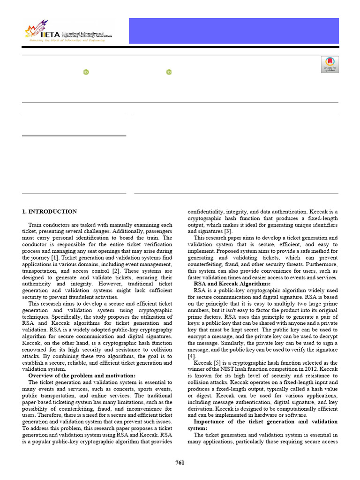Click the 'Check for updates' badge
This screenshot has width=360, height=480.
click(330, 65)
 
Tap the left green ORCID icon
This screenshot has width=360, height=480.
click(86, 72)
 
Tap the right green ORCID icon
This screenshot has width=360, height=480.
click(169, 72)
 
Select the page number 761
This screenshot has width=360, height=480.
click(180, 463)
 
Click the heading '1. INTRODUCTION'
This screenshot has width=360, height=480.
click(49, 212)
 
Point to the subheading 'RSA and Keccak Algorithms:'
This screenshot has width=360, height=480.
click(232, 284)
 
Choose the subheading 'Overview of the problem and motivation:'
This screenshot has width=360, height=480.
click(82, 375)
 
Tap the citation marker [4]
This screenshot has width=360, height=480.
click(191, 356)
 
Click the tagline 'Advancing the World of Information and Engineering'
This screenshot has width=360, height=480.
click(67, 40)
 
